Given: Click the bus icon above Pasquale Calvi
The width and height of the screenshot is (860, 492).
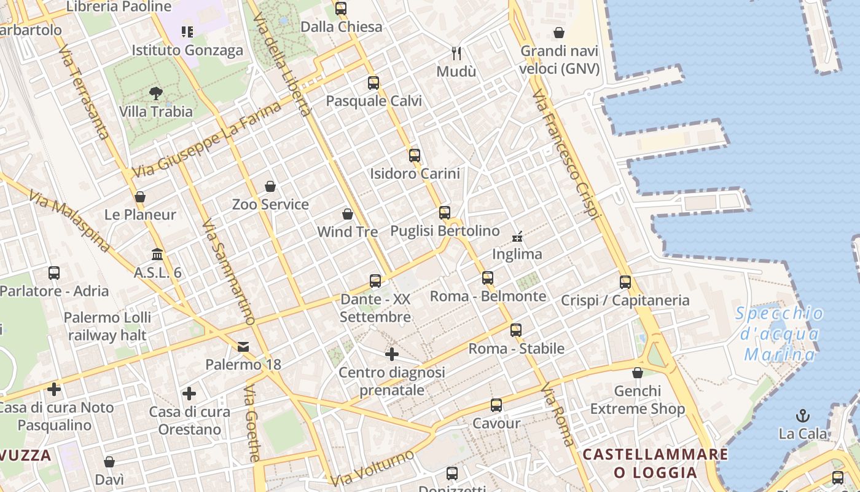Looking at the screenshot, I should click(373, 83).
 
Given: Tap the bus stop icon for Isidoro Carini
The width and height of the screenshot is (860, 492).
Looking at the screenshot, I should click(415, 156).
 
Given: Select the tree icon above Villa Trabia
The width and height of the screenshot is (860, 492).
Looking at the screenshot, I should click(156, 93).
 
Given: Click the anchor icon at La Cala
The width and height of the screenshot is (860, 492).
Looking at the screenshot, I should click(803, 416).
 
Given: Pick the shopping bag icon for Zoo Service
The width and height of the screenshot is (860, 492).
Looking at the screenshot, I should click(270, 186).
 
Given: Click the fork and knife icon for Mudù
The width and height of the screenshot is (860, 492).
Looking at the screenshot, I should click(456, 54).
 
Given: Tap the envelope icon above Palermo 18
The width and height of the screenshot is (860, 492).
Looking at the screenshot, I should click(243, 347).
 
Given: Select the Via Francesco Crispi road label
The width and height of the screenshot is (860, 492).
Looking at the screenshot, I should click(566, 154).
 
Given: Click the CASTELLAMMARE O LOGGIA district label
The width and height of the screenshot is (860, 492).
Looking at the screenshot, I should click(655, 464).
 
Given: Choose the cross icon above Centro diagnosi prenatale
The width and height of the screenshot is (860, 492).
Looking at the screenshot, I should click(391, 354).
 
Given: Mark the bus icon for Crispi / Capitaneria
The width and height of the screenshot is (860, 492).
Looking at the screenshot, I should click(625, 282).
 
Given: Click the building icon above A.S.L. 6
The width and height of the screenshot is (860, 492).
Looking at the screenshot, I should click(157, 254).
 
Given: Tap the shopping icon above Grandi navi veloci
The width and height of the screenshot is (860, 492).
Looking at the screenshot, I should click(559, 33).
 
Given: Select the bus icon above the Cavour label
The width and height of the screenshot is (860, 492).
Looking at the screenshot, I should click(496, 405).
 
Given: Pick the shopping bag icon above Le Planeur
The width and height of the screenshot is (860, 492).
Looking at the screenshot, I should click(140, 197).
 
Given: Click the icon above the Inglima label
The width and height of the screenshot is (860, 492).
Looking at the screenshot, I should click(517, 236).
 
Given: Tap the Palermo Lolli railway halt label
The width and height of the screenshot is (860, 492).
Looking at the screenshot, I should click(108, 327).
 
